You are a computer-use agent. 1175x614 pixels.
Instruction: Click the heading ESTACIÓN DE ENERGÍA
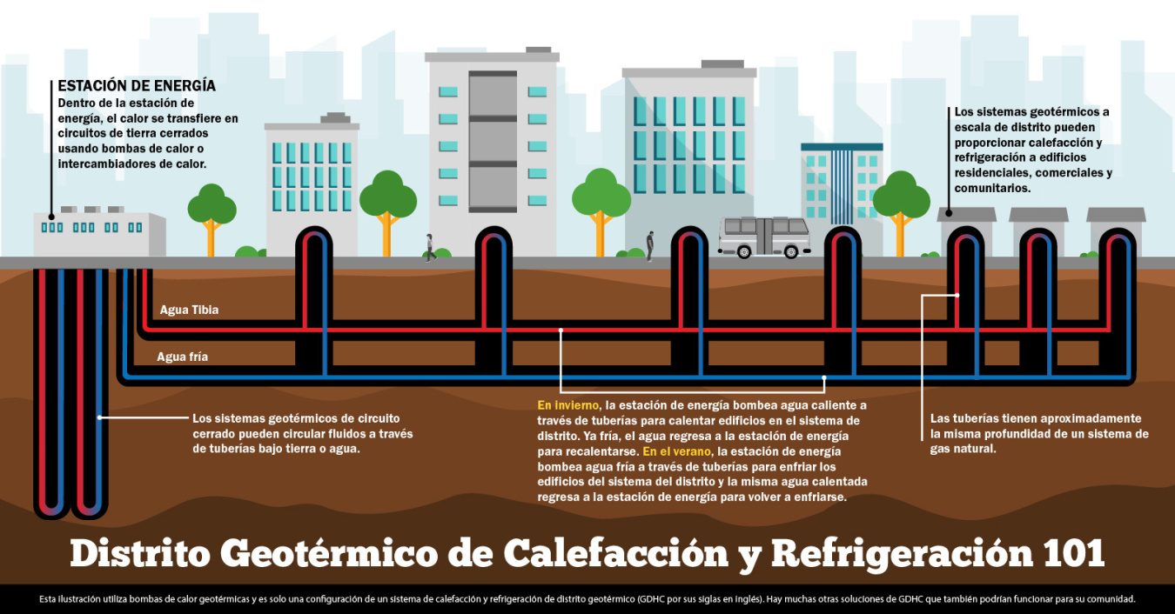pyautogui.click(x=137, y=86)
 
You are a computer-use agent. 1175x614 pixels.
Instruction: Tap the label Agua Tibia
pyautogui.click(x=189, y=310)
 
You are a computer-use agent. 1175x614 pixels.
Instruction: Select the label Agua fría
pyautogui.click(x=182, y=357)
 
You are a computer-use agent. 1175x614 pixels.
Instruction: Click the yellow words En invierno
pyautogui.click(x=568, y=405)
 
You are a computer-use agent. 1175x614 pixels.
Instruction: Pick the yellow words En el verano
pyautogui.click(x=677, y=452)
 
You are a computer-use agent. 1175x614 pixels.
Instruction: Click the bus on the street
pyautogui.click(x=763, y=237)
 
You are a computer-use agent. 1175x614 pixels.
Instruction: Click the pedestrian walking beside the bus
pyautogui.click(x=649, y=246)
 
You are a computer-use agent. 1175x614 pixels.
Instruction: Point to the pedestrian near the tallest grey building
pyautogui.click(x=429, y=247)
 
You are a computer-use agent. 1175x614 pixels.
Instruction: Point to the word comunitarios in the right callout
pyautogui.click(x=992, y=188)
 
